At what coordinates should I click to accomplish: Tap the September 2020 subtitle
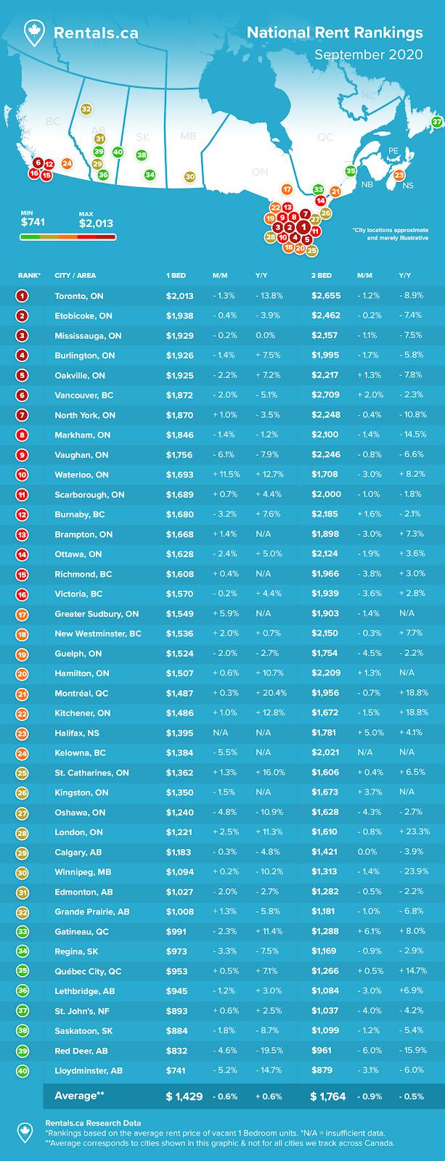click(368, 54)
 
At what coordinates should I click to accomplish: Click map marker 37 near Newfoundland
click(437, 122)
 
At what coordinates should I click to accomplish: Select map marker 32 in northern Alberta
click(86, 109)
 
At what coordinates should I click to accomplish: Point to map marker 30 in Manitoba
click(189, 176)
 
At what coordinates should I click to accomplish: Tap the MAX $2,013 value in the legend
click(96, 223)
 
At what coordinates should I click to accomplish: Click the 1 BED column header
click(176, 276)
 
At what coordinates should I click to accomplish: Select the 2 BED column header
click(322, 276)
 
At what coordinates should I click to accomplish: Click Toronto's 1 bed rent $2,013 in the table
click(180, 296)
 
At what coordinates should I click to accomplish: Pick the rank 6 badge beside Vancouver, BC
click(23, 395)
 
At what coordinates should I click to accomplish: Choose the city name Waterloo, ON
click(82, 475)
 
